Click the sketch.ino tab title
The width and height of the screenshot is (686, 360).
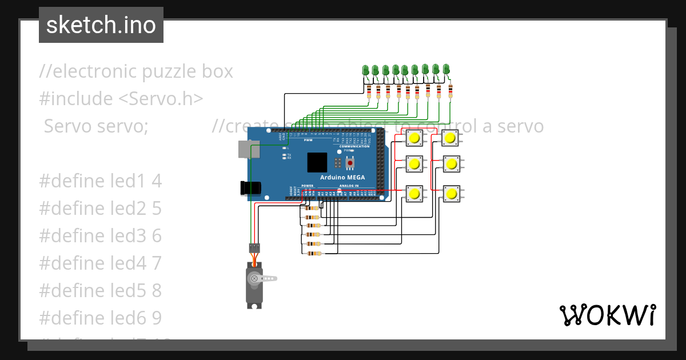(x=101, y=25)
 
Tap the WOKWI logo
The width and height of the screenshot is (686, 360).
(x=607, y=315)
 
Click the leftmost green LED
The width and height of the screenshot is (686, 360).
(x=366, y=70)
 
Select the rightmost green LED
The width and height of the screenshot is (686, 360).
(x=446, y=69)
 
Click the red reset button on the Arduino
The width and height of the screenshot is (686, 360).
(x=349, y=163)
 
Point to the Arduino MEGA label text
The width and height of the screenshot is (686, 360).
(x=342, y=177)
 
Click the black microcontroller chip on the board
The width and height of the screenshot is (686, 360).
(x=317, y=162)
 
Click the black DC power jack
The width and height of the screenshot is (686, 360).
(x=250, y=187)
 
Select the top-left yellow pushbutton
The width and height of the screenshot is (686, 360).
(x=414, y=138)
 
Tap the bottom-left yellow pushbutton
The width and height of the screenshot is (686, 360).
(x=414, y=193)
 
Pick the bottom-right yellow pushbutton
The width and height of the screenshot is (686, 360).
(x=452, y=193)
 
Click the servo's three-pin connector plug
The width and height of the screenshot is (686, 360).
(x=254, y=248)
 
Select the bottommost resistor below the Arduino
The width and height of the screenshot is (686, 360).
(x=313, y=253)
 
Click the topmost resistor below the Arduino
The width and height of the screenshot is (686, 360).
(x=313, y=208)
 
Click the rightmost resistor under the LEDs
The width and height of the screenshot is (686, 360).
(x=450, y=90)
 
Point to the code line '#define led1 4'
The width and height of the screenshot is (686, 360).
(x=101, y=181)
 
